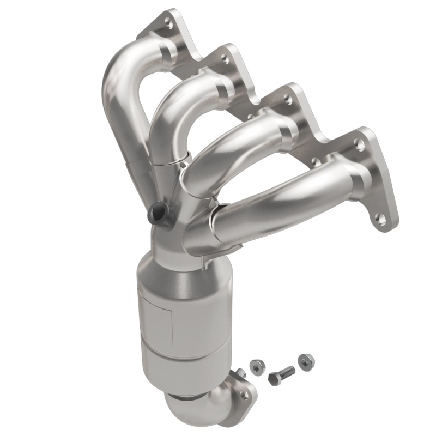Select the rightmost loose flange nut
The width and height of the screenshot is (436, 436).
pyautogui.click(x=306, y=360)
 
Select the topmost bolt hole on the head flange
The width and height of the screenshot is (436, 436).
pyautogui.click(x=168, y=23)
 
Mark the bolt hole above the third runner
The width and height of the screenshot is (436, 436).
pyautogui.click(x=287, y=98)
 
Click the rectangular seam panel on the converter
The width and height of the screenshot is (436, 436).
pyautogui.click(x=155, y=316)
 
